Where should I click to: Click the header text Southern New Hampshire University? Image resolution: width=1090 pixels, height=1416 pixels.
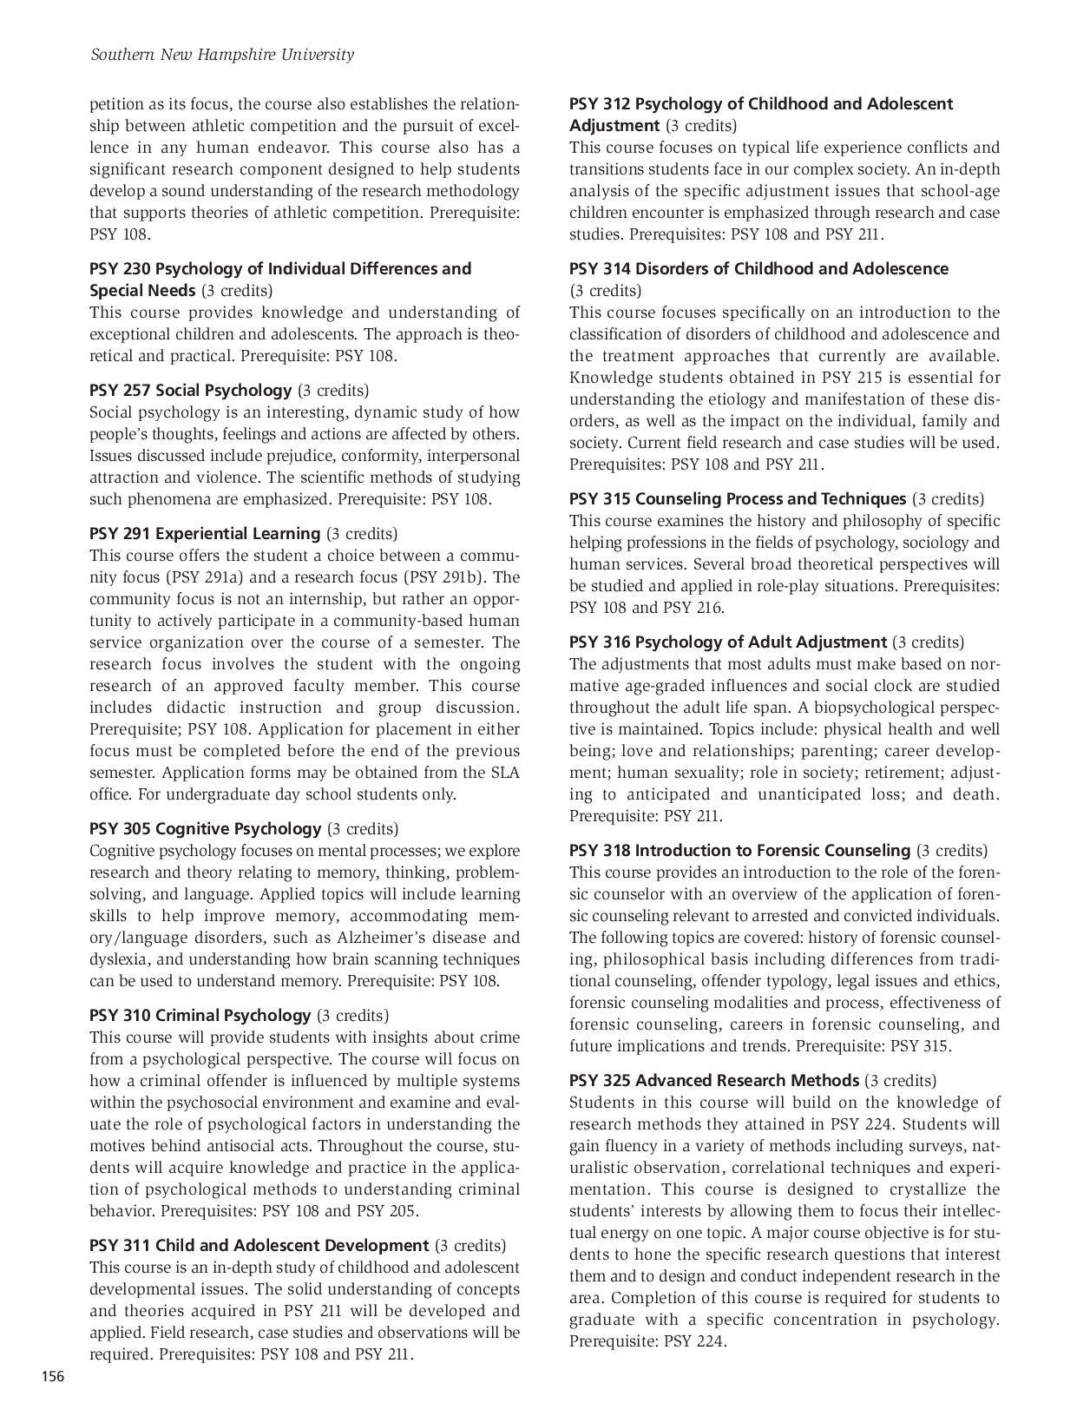(222, 55)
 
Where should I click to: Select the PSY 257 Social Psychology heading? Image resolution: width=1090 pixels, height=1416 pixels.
(191, 391)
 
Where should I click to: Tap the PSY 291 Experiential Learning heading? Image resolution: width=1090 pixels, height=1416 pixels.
(205, 534)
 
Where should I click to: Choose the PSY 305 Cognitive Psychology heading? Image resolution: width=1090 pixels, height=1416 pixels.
(206, 829)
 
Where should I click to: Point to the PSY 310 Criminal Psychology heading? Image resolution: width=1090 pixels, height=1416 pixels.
(200, 1016)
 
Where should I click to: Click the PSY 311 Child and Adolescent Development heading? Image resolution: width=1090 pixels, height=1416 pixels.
(259, 1246)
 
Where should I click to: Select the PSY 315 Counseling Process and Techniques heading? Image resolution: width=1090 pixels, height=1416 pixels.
(738, 499)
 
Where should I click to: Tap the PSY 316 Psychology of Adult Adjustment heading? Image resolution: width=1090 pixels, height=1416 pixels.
(728, 642)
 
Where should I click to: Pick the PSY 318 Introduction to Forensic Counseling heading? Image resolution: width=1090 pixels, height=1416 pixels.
(739, 851)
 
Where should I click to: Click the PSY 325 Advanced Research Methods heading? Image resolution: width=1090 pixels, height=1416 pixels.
(714, 1081)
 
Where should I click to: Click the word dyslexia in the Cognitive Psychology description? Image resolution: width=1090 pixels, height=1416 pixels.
(120, 959)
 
